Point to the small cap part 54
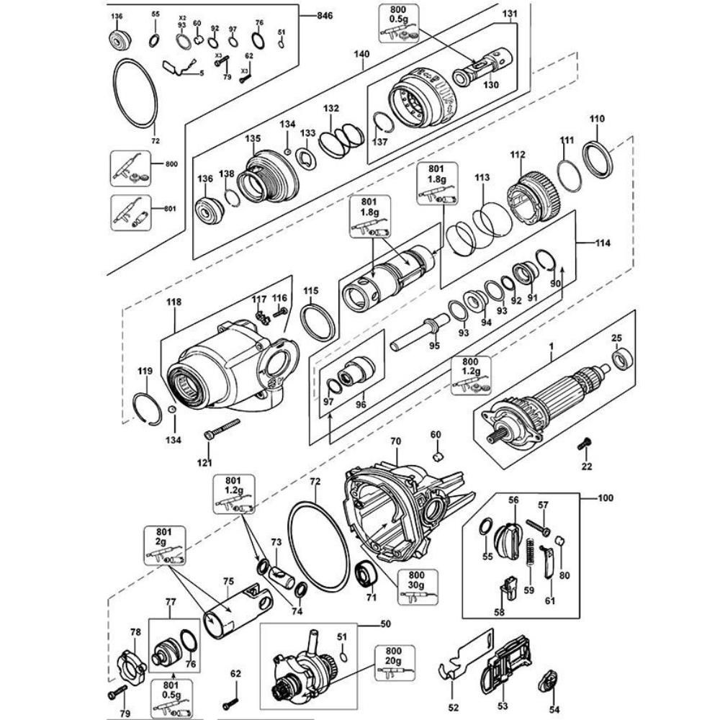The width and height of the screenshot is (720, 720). [x=552, y=680]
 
